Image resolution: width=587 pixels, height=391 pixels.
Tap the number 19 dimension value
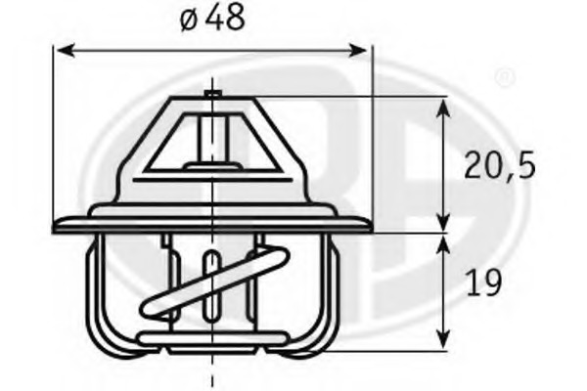pyautogui.click(x=484, y=282)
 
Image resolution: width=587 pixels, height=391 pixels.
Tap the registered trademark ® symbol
pyautogui.click(x=504, y=75)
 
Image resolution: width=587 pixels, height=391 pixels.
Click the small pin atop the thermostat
pyautogui.click(x=211, y=94)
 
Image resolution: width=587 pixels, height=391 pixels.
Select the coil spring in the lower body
pyautogui.click(x=210, y=288)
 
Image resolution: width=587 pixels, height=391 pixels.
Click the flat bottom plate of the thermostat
pyautogui.click(x=211, y=340)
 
